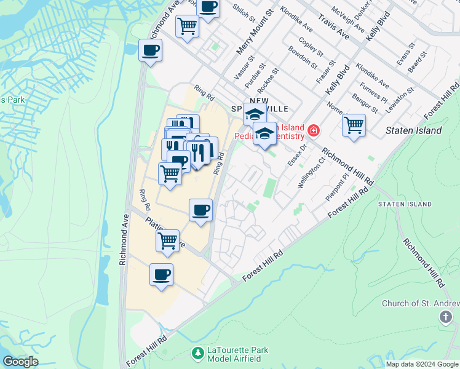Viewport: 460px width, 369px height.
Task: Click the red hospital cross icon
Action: point(314,130)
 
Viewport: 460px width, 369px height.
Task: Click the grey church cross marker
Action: point(446,317)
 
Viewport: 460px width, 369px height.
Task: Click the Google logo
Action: point(20,362)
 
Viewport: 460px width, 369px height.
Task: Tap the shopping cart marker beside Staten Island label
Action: point(354,125)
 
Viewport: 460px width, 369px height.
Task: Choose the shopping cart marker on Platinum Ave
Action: point(167,241)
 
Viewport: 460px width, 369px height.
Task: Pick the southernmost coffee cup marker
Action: point(162,275)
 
